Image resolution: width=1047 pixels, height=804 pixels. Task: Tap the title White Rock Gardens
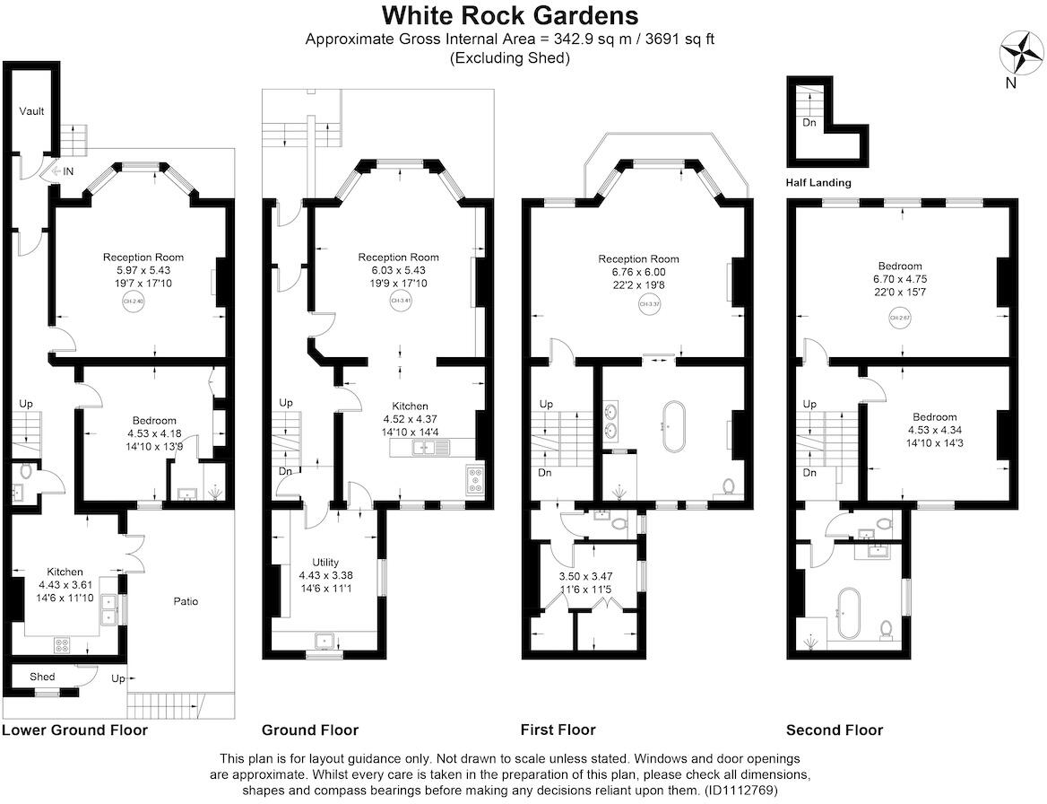pyautogui.click(x=510, y=15)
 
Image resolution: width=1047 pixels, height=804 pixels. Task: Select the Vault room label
pyautogui.click(x=31, y=111)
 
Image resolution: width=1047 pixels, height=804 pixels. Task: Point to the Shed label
pyautogui.click(x=42, y=677)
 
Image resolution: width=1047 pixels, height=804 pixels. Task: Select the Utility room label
pyautogui.click(x=325, y=562)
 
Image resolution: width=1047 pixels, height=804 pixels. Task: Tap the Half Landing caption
pyautogui.click(x=818, y=182)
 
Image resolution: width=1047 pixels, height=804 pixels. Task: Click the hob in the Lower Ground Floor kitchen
pyautogui.click(x=65, y=642)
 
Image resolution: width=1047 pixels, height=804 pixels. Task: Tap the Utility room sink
pyautogui.click(x=324, y=641)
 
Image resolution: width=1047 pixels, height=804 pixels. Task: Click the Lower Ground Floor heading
pyautogui.click(x=74, y=730)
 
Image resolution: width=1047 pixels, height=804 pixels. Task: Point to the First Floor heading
pyautogui.click(x=558, y=730)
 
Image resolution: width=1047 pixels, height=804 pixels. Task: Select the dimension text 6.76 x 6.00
pyautogui.click(x=639, y=272)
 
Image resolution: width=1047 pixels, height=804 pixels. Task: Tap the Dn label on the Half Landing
pyautogui.click(x=809, y=122)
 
